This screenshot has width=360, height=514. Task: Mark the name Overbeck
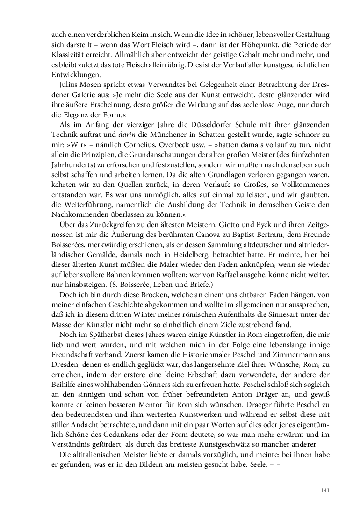click(x=173, y=146)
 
